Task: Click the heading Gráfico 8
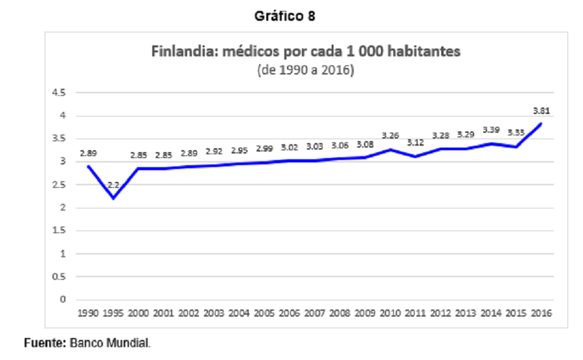tap(285, 16)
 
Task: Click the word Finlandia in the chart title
tap(182, 51)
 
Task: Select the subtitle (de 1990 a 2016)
tap(306, 70)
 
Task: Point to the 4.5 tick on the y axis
tap(59, 93)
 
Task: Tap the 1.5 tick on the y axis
tap(59, 231)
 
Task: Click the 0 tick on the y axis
tap(62, 299)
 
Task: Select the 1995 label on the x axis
tap(113, 313)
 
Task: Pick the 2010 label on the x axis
tap(390, 313)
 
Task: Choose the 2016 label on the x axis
tap(542, 313)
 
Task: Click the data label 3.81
tap(542, 111)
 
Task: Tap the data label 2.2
tap(113, 185)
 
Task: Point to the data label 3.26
tap(390, 135)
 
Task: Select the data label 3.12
tap(415, 142)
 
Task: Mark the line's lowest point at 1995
tap(113, 198)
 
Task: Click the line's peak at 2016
tap(541, 124)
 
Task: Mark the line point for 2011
tap(415, 157)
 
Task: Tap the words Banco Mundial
tap(110, 343)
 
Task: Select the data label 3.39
tap(491, 130)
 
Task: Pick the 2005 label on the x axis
tap(264, 313)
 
